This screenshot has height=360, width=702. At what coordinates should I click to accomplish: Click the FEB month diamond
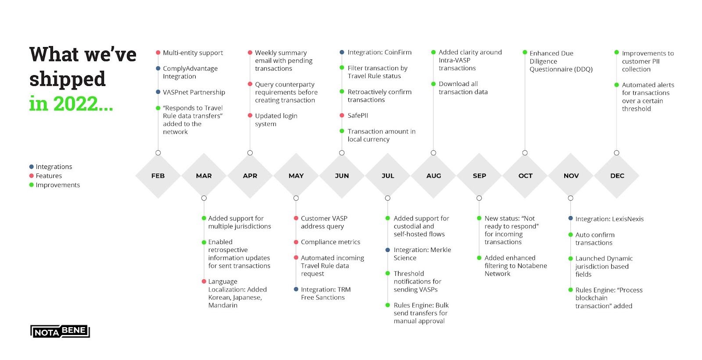[158, 176]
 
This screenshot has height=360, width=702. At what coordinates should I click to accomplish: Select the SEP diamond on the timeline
[479, 176]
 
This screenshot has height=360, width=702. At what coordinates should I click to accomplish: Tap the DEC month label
[617, 176]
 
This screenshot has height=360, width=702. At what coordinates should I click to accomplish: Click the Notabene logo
[60, 331]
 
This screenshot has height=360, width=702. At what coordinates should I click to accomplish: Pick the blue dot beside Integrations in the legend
[31, 166]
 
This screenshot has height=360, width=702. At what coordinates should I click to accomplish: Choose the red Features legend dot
[31, 176]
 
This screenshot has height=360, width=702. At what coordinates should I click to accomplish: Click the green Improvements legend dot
[31, 185]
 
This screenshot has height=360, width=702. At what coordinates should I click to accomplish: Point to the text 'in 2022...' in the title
[71, 104]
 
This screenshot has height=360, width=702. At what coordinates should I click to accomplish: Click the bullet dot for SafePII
[342, 115]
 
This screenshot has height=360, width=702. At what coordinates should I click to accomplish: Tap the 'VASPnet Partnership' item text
[193, 92]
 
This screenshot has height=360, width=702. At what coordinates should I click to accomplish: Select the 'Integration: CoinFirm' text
[380, 52]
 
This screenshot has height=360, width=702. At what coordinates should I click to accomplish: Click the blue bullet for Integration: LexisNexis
[570, 218]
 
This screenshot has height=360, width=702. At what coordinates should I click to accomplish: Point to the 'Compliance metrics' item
[330, 242]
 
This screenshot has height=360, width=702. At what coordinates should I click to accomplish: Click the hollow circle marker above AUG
[433, 153]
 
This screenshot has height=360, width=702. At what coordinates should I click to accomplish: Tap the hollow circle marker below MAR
[204, 198]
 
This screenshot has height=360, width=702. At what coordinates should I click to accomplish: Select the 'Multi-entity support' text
[193, 53]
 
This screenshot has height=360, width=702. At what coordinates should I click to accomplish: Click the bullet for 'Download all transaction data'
[433, 84]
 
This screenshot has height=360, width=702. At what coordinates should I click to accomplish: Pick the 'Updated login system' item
[276, 120]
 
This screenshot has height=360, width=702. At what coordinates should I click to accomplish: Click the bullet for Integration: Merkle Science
[388, 250]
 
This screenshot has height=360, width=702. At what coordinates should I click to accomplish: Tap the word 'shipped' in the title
[68, 79]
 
